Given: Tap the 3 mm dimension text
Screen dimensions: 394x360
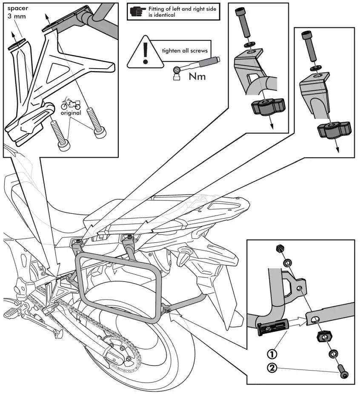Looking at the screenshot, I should click(x=16, y=17).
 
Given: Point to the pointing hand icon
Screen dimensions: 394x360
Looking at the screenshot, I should click(x=137, y=12).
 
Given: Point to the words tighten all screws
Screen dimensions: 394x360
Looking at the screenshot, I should click(x=184, y=51).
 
